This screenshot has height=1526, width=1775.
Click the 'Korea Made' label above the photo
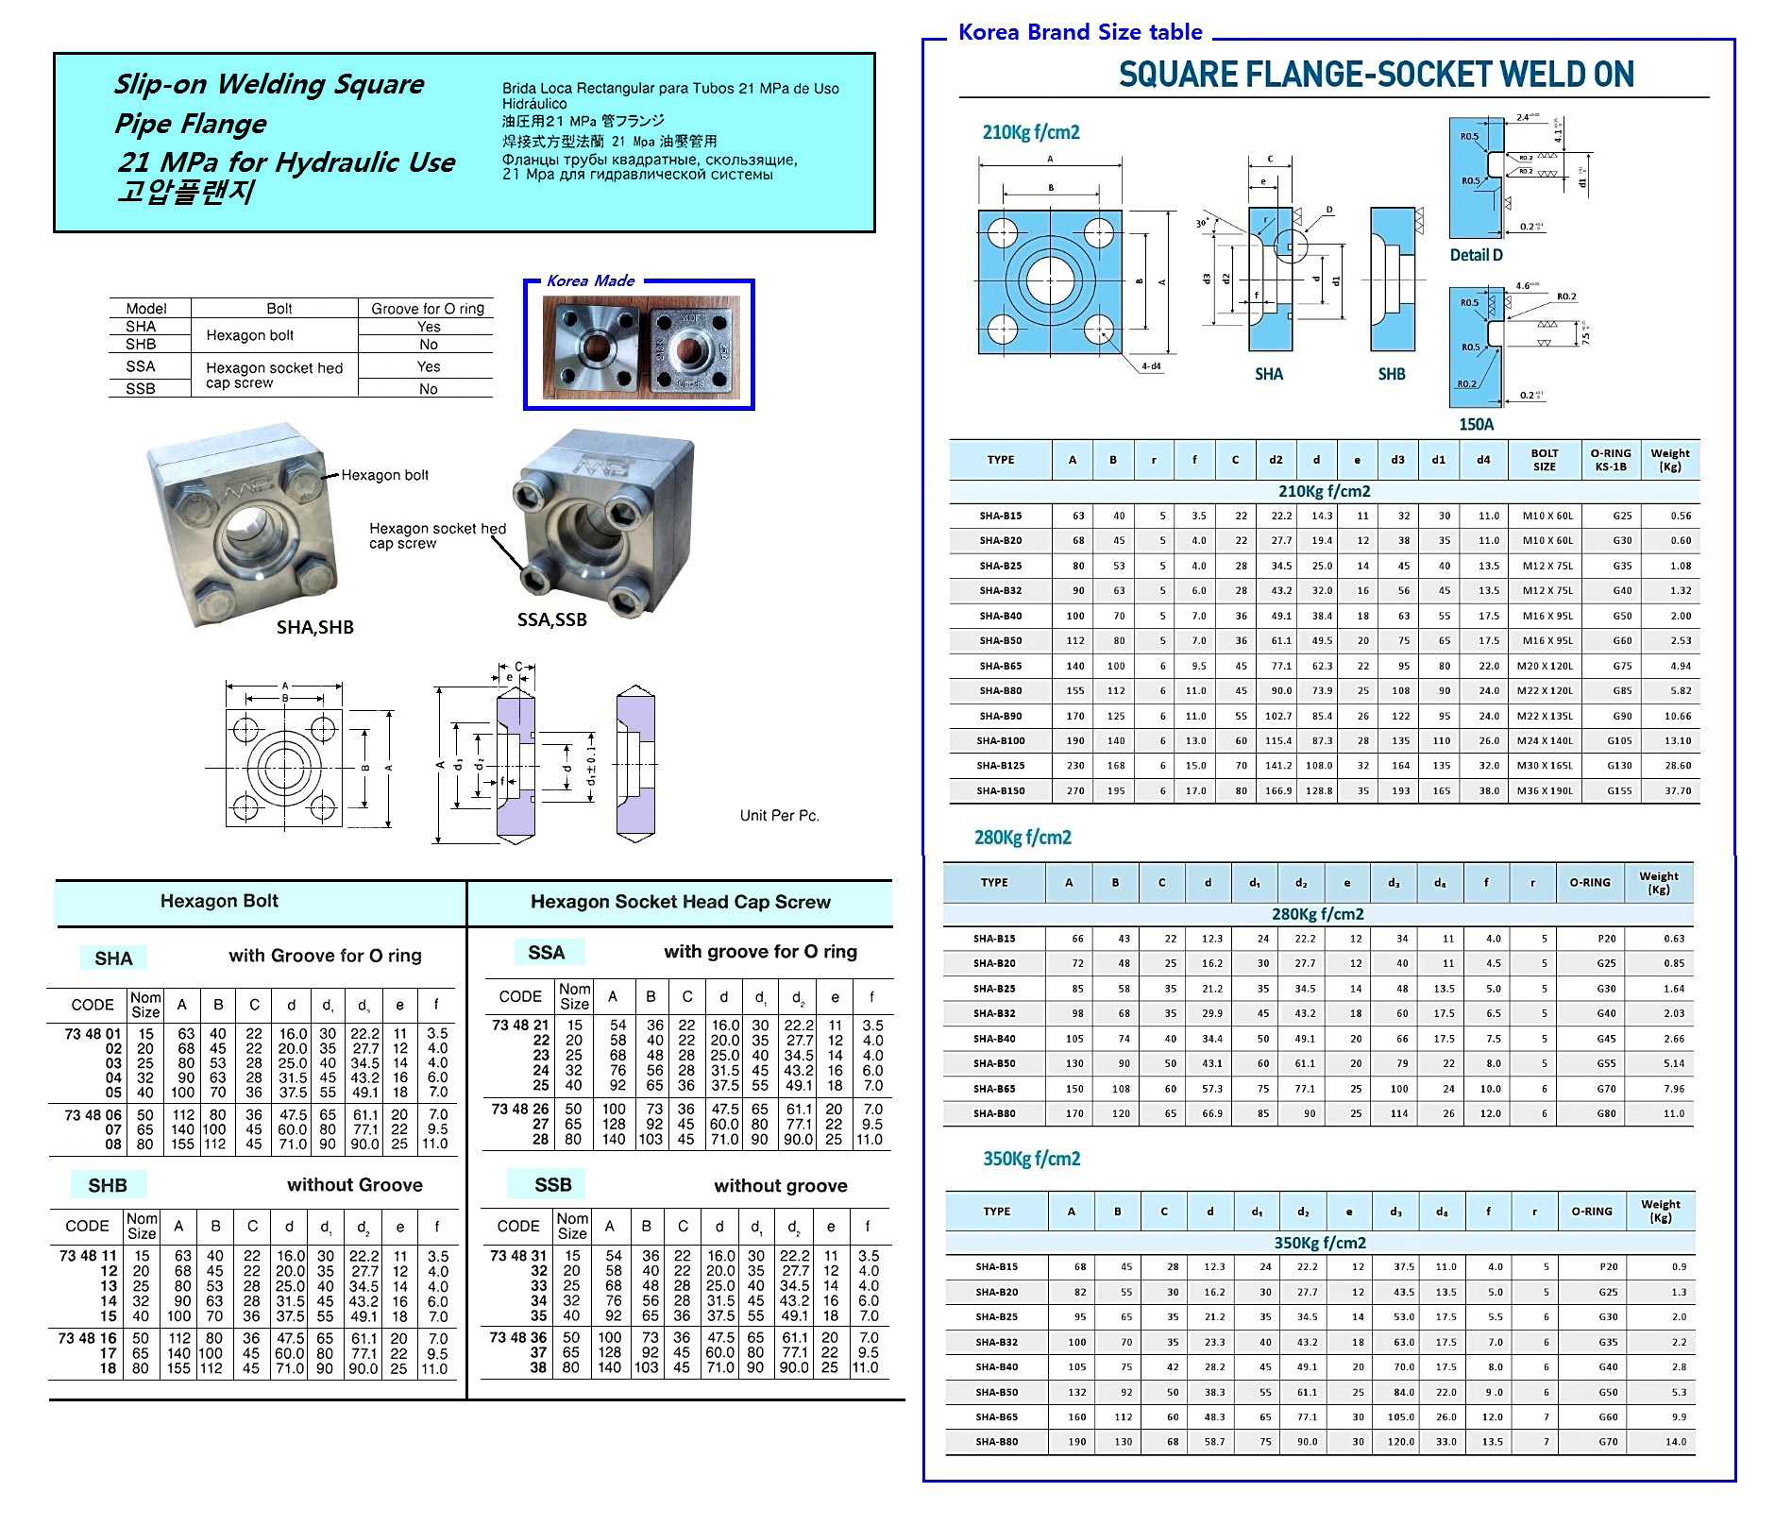click(x=591, y=280)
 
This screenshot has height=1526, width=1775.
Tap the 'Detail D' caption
click(x=1476, y=255)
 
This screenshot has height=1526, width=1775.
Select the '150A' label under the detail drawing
click(x=1476, y=424)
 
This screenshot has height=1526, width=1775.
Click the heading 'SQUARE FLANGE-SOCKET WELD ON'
click(x=1376, y=75)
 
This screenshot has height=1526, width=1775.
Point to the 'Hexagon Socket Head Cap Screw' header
click(x=680, y=902)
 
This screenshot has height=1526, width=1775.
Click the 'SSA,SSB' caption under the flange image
click(x=551, y=619)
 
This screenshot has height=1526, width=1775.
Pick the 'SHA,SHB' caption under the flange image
click(x=314, y=627)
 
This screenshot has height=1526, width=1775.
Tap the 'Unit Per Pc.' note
click(x=779, y=815)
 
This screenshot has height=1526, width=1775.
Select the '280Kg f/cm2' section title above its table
click(x=1023, y=838)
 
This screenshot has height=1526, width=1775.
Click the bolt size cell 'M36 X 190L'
click(x=1545, y=790)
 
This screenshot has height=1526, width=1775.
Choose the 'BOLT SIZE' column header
click(x=1544, y=459)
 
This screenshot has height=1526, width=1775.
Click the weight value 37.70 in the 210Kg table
click(x=1678, y=790)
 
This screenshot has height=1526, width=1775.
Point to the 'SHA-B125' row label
click(x=1000, y=766)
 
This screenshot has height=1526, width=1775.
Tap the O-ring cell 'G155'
click(x=1618, y=790)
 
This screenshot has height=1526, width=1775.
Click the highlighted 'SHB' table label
click(x=108, y=1185)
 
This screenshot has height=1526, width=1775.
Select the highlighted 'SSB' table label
click(x=552, y=1184)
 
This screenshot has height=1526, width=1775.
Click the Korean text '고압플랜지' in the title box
click(x=185, y=192)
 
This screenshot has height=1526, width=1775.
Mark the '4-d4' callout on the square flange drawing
click(x=1151, y=365)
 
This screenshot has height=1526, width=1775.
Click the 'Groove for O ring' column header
click(x=428, y=308)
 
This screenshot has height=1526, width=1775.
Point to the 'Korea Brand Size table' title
click(x=1080, y=32)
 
